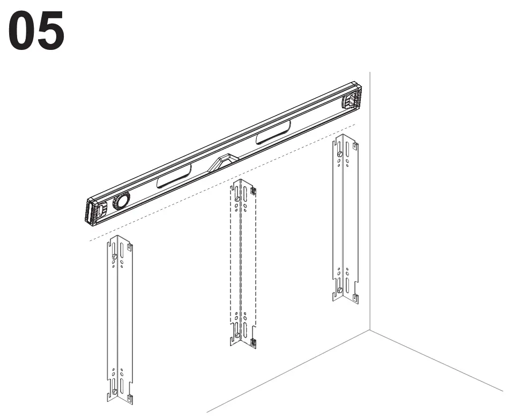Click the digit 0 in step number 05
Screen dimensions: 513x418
tap(21, 30)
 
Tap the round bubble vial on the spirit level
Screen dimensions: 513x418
tap(121, 201)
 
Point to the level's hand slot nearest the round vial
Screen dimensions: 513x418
tap(174, 176)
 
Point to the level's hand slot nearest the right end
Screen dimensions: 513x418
tap(273, 132)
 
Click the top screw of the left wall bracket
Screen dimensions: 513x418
tap(115, 256)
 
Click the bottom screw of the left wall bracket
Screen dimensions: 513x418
tap(115, 391)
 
